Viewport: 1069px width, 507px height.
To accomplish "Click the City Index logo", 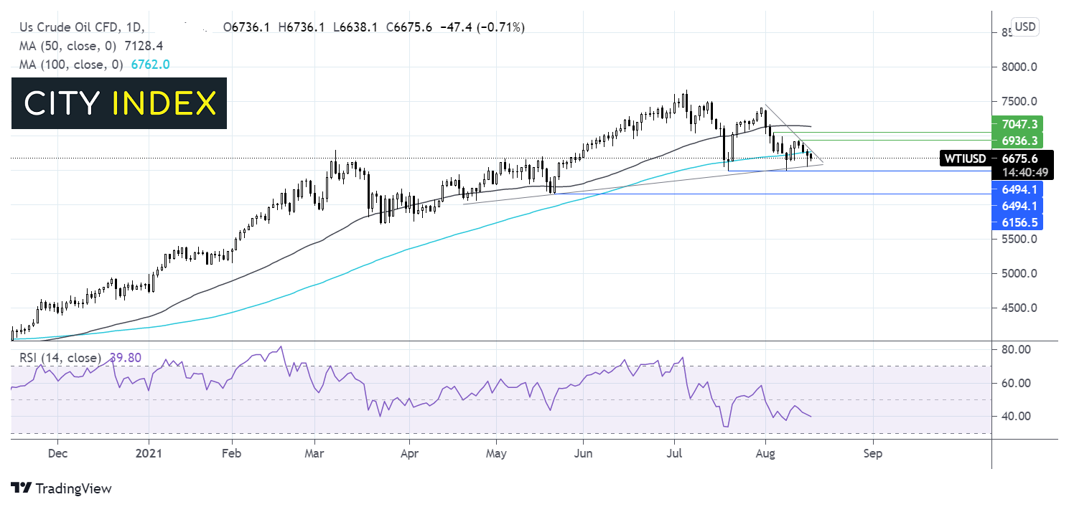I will coord(119,103).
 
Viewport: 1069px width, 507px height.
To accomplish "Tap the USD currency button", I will coord(1024,27).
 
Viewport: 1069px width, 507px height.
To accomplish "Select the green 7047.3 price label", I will coord(1015,124).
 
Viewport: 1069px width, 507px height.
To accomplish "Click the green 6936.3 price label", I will coord(1015,140).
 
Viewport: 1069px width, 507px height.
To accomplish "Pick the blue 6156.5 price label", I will coord(1015,222).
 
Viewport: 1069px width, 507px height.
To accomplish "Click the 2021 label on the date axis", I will coord(149,454).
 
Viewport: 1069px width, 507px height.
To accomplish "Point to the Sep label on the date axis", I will coord(873,454).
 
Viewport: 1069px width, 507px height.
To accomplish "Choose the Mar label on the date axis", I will coord(314,454).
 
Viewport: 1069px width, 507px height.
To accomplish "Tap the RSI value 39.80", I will coord(123,357).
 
